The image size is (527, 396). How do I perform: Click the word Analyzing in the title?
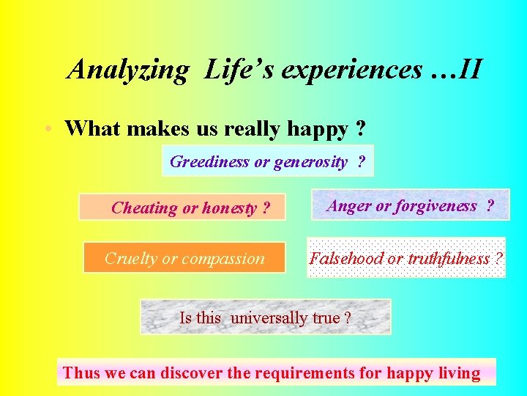(128, 70)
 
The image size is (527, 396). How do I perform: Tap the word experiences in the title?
(351, 70)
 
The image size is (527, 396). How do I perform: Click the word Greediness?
(209, 162)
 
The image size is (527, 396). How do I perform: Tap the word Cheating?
(144, 208)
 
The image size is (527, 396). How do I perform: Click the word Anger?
(348, 206)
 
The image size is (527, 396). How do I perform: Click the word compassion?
(223, 258)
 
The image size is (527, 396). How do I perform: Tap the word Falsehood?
(346, 258)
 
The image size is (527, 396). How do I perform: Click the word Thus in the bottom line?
(81, 373)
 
